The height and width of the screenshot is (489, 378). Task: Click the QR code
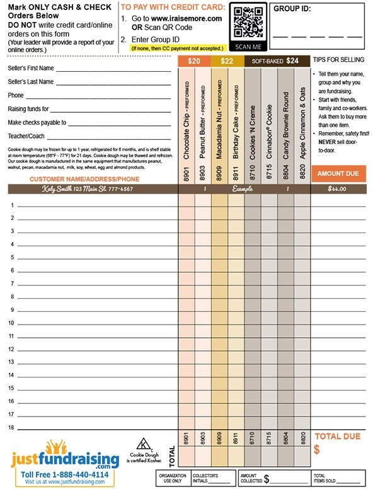point(247,23)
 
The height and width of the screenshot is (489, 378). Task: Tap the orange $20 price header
point(194,61)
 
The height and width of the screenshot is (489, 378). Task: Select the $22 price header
point(227,61)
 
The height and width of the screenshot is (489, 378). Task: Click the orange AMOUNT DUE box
point(338,173)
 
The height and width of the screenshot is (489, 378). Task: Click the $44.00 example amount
point(338,188)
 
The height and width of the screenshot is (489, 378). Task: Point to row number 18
point(11,428)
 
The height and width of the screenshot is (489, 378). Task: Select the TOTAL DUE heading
point(337,435)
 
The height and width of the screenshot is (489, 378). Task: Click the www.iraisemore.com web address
point(186,19)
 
